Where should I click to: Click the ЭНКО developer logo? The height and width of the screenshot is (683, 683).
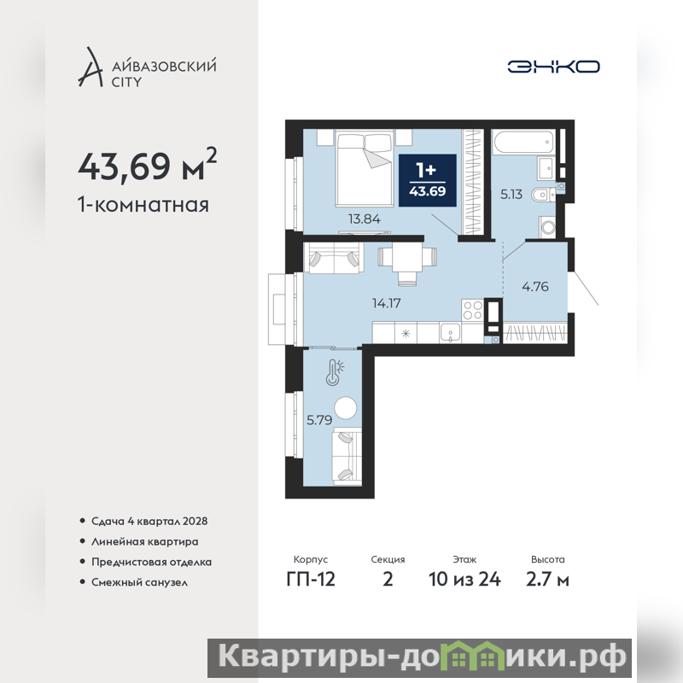[553, 67]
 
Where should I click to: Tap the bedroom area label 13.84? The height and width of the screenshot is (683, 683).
[365, 219]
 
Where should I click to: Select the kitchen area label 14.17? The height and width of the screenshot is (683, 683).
[387, 303]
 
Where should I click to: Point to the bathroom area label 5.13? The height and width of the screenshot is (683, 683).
[511, 194]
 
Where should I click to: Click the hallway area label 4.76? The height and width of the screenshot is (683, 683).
[535, 287]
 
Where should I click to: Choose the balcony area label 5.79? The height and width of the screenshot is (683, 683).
[319, 420]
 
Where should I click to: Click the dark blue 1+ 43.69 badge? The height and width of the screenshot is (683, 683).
[428, 180]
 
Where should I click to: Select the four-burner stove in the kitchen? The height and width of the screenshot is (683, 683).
[473, 310]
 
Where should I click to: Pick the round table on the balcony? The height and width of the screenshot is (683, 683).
[346, 408]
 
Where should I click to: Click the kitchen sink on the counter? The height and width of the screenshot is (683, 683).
[450, 333]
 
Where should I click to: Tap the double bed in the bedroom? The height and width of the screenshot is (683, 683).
[365, 167]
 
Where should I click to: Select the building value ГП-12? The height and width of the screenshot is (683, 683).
[311, 580]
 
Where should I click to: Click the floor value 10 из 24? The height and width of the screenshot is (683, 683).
[464, 580]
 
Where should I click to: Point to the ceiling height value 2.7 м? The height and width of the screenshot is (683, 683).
[547, 580]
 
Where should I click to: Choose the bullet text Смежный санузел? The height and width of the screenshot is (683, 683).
[139, 582]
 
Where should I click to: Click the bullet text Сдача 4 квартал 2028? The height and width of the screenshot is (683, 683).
[149, 521]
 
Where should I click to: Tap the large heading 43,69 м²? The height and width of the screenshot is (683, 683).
[147, 165]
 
